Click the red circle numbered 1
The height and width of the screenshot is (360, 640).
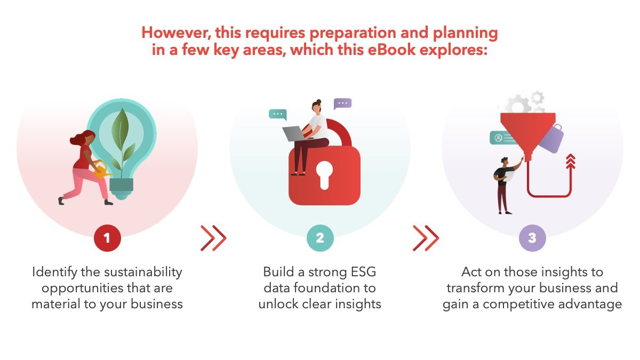coord(107,238)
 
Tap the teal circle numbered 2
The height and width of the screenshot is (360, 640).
coord(320,238)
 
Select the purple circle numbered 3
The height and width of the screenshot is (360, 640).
coord(532,238)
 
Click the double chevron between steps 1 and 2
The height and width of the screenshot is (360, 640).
coord(213,238)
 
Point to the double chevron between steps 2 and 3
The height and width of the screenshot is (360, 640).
coord(426,238)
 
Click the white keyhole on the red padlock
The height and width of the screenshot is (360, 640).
coord(324,175)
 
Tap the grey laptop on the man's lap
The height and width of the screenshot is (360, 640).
coord(295,134)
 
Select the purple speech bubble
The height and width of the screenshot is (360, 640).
coord(342,103)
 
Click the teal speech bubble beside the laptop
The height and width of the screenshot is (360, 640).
coord(278,114)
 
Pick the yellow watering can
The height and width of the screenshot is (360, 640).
coord(101,170)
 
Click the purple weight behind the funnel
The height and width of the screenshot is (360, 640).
coord(551,139)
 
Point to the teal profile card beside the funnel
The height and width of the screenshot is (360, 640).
coord(503,138)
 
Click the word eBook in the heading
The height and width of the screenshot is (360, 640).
coord(391,50)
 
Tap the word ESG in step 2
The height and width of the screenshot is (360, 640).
coord(363,271)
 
